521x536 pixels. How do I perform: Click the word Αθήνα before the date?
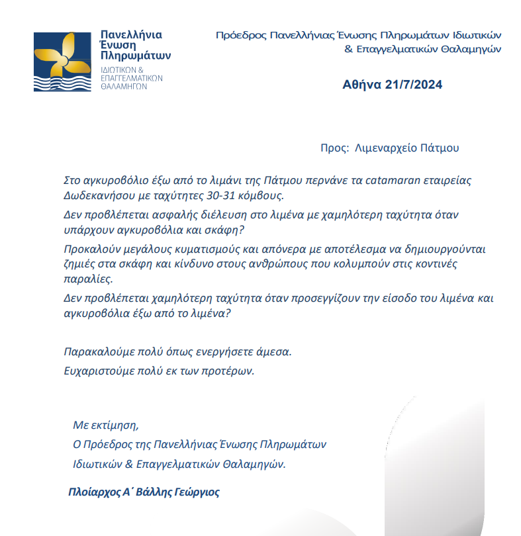tap(361, 85)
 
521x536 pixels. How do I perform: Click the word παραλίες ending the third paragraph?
tap(86, 279)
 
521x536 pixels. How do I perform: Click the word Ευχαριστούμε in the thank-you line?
tap(98, 371)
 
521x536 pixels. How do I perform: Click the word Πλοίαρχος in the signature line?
tap(92, 492)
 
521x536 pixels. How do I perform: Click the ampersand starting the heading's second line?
tap(348, 50)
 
